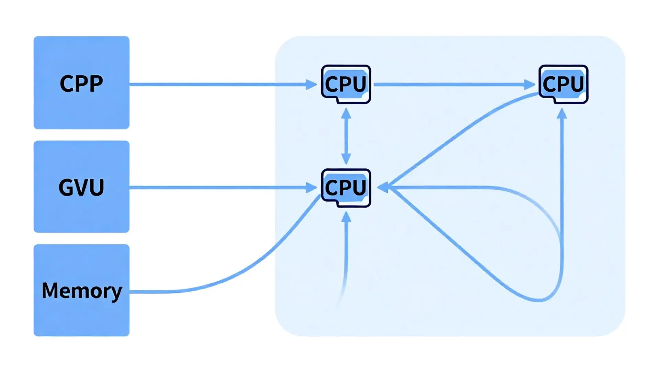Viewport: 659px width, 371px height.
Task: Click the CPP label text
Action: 81,83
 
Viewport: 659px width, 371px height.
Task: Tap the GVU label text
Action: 81,187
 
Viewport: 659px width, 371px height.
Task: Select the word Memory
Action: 82,291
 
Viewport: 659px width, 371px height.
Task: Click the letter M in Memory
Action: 49,290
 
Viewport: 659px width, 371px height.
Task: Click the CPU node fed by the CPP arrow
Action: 346,84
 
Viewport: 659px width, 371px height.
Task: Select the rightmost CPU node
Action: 563,84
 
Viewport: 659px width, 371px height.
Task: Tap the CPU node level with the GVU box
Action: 346,188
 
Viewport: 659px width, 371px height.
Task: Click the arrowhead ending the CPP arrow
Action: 311,84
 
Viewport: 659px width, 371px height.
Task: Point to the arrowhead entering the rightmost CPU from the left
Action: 530,84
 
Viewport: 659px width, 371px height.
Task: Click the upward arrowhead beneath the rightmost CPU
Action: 562,114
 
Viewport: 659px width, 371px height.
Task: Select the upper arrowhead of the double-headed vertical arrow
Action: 346,113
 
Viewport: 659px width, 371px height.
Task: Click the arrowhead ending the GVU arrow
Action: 311,188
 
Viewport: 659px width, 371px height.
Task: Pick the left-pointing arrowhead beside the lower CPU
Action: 383,188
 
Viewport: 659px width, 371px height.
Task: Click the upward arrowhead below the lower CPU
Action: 346,217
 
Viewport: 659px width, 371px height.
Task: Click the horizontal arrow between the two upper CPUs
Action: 450,84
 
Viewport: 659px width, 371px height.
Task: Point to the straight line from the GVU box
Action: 220,188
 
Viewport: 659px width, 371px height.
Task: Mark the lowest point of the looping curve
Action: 539,301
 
